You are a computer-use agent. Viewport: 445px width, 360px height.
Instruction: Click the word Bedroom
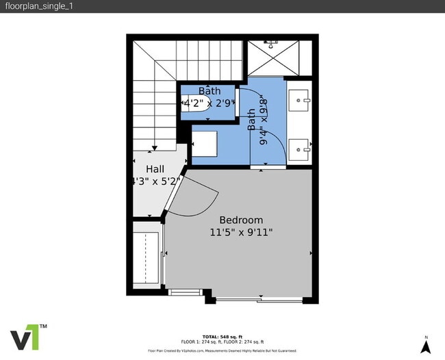pos(241,220)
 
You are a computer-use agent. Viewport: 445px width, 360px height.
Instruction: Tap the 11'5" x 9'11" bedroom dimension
pos(241,233)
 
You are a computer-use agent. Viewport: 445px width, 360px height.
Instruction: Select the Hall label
pos(155,169)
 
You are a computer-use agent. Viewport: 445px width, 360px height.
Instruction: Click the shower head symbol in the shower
pos(273,44)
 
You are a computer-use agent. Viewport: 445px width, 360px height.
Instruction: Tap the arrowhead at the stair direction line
pos(156,146)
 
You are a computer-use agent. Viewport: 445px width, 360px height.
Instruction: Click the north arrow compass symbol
pos(426,346)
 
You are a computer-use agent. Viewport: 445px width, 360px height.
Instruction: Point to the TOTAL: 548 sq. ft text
pos(222,337)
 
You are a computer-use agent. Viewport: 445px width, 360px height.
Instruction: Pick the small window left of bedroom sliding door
pos(185,293)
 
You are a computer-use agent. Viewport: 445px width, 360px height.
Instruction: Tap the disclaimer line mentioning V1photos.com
pos(222,350)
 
